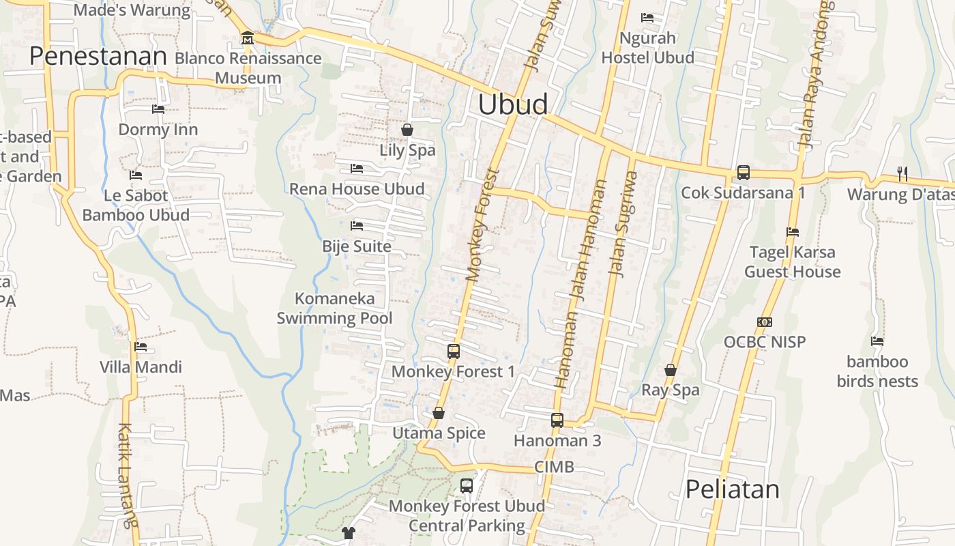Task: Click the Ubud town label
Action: pyautogui.click(x=512, y=104)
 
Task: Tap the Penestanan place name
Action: pyautogui.click(x=98, y=56)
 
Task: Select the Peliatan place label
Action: pyautogui.click(x=732, y=489)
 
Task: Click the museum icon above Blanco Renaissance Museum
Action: pyautogui.click(x=248, y=38)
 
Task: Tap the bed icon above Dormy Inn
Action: pyautogui.click(x=158, y=109)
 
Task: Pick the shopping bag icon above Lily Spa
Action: pyautogui.click(x=407, y=130)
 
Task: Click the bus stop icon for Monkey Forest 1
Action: pyautogui.click(x=454, y=351)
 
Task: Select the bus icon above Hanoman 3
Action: pyautogui.click(x=557, y=420)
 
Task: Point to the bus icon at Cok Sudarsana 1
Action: pyautogui.click(x=744, y=173)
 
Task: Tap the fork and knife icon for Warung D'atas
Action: pyautogui.click(x=902, y=174)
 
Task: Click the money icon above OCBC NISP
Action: pyautogui.click(x=765, y=321)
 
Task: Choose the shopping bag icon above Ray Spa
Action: pyautogui.click(x=671, y=370)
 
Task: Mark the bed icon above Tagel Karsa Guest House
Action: pyautogui.click(x=793, y=232)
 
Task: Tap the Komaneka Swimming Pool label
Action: pyautogui.click(x=334, y=308)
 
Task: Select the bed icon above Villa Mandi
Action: pyautogui.click(x=141, y=347)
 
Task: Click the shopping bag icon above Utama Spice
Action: pyautogui.click(x=439, y=413)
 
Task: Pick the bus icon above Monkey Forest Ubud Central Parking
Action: pyautogui.click(x=467, y=486)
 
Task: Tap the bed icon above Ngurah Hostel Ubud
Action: pyautogui.click(x=647, y=18)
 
